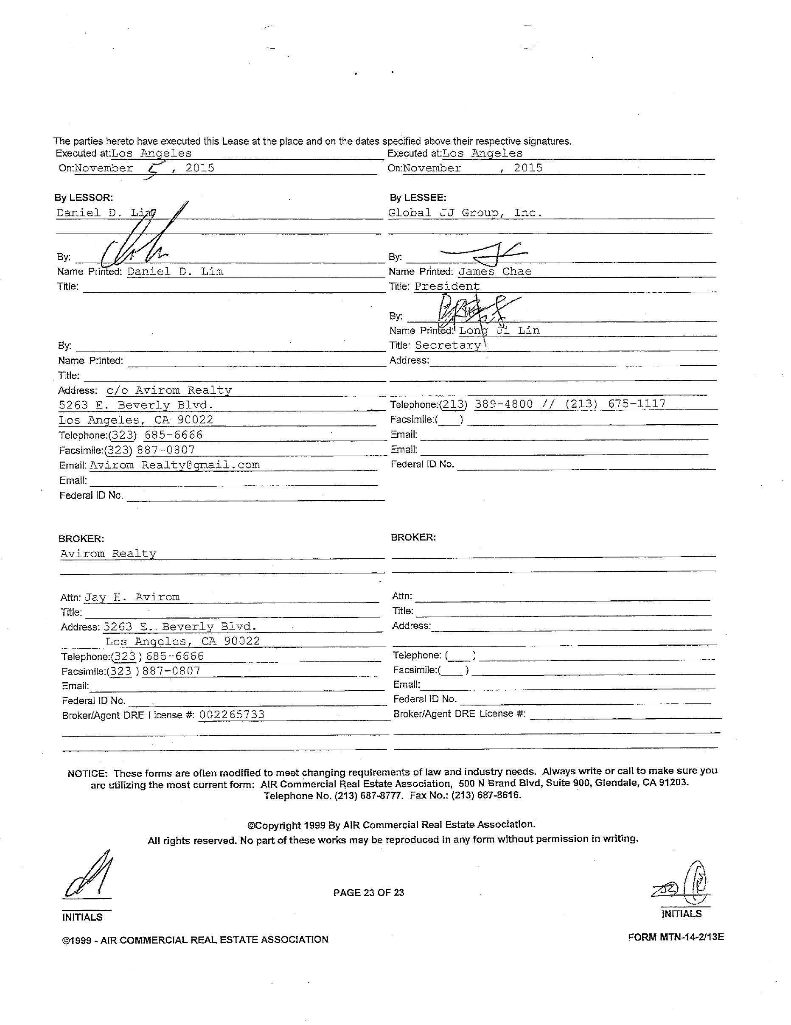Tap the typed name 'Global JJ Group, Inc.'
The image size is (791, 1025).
click(465, 213)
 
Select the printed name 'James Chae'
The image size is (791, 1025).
click(495, 271)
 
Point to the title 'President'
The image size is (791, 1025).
click(446, 286)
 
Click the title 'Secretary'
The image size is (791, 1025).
click(448, 345)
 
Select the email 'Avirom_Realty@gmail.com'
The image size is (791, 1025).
click(174, 465)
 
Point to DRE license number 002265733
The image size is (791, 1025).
click(232, 714)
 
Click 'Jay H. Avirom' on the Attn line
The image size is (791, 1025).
click(132, 597)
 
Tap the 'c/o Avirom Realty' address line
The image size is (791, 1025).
click(169, 390)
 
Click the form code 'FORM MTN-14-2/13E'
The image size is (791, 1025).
click(676, 937)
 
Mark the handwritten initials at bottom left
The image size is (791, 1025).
click(89, 876)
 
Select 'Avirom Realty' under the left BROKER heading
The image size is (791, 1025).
click(109, 553)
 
